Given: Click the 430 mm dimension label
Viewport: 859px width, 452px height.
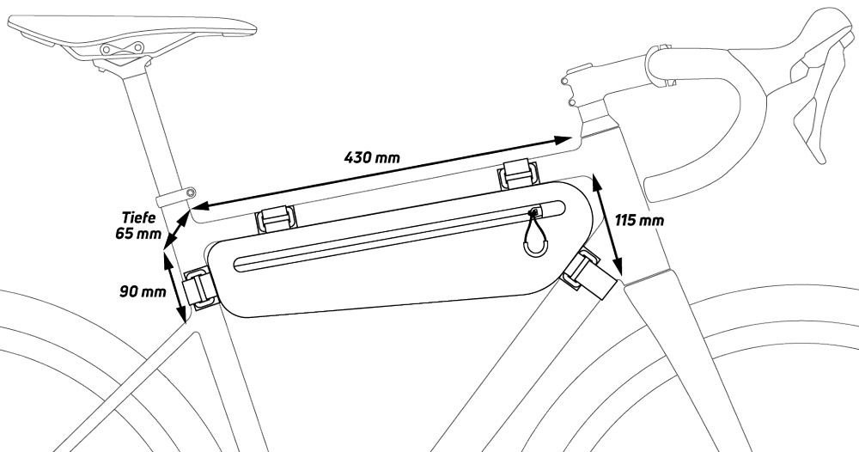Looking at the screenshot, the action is coord(372,157).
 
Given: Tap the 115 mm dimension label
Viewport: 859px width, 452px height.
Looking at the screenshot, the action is coord(639,220).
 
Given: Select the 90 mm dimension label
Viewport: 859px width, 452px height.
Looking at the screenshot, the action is coord(143,291).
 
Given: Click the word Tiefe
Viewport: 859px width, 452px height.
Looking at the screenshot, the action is coord(138,217).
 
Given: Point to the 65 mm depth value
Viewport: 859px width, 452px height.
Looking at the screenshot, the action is coord(138,233).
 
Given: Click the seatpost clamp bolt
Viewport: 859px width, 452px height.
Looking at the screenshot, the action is coord(190,192).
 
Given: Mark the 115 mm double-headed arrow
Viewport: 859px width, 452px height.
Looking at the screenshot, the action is coord(607,225).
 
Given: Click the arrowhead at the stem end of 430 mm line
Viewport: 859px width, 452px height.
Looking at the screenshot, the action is coord(563,140).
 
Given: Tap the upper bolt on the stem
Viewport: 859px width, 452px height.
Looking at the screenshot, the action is coord(565,81).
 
